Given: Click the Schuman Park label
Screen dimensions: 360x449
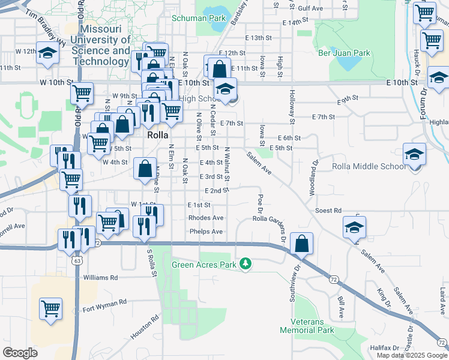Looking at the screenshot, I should coord(199,18).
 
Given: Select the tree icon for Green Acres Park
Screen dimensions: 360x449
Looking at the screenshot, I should coord(245,263).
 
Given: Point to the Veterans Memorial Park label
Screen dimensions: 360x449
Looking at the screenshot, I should coord(307,326).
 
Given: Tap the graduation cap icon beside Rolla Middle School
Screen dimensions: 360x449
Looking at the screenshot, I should coord(415,155).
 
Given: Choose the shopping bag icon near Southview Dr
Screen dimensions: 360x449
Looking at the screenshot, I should coord(302,244).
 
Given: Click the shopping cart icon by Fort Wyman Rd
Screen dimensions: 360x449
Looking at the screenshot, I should coord(51,309).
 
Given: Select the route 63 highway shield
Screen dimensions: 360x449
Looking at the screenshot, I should coord(77,261).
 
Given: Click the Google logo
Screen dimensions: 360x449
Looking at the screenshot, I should coord(20,353).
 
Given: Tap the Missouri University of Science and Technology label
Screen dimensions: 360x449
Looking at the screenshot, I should coord(101,45).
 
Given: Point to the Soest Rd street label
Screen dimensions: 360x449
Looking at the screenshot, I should coord(328,211).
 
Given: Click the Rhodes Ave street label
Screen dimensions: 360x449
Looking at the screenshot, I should coord(206,218).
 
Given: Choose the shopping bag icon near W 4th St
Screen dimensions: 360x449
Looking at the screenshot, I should coord(145,170).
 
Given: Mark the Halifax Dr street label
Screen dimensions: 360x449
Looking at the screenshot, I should coord(385,348).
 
